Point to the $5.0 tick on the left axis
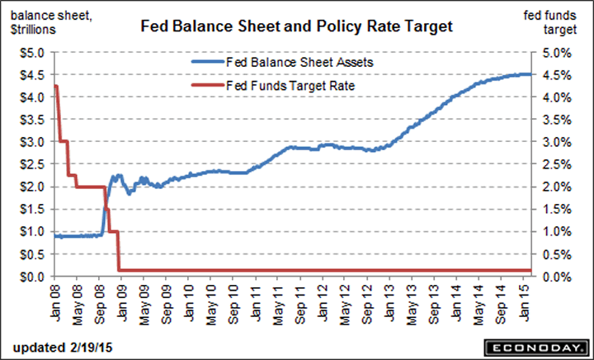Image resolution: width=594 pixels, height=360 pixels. pyautogui.click(x=33, y=52)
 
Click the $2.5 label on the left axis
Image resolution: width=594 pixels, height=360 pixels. pyautogui.click(x=33, y=164)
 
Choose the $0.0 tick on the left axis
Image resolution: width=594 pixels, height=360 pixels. pyautogui.click(x=33, y=276)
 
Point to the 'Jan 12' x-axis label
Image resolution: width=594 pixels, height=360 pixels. pyautogui.click(x=326, y=301)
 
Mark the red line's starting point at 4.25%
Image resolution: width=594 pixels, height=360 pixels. pyautogui.click(x=54, y=86)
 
